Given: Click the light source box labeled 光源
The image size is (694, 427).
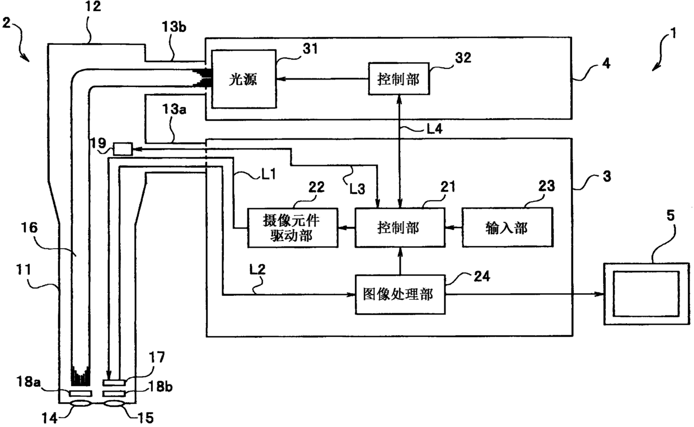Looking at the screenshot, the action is tap(244, 79).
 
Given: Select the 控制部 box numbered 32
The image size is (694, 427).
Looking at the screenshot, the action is tap(398, 79).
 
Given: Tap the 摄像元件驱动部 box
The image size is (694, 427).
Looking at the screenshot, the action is tap(293, 228).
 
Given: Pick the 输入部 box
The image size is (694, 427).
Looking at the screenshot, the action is tap(507, 228).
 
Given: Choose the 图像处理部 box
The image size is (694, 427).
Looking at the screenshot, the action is tap(400, 294).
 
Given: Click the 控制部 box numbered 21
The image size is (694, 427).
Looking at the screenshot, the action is tap(400, 228).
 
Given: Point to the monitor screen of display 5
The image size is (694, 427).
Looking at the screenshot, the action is tap(646, 294).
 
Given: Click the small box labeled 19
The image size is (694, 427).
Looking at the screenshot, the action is tap(123, 149).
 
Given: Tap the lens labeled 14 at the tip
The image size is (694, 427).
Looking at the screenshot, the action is tap(81, 403).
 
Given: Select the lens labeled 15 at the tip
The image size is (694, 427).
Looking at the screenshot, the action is tap(114, 403).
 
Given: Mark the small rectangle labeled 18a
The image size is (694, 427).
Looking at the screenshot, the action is tap(81, 393).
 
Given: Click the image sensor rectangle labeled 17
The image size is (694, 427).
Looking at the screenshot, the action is tap(114, 383).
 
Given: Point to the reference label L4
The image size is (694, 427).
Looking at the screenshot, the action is tap(434, 128).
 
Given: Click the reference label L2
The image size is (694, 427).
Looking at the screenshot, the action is tap(257, 269).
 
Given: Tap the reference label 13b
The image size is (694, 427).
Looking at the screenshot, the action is tap(174, 27).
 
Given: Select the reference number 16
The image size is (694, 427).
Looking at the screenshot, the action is tap(29, 228).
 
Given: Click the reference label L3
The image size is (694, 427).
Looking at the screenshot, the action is tap(357, 188).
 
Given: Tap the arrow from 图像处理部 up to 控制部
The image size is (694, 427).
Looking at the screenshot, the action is tap(400, 261).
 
